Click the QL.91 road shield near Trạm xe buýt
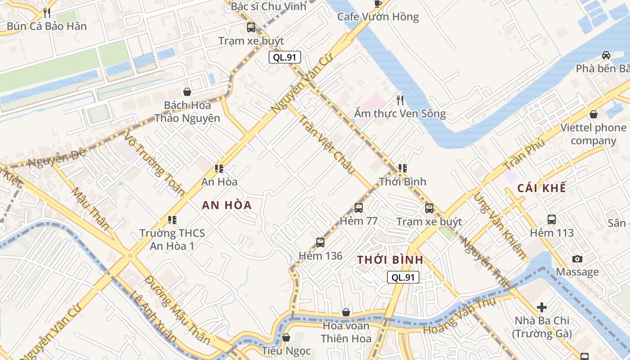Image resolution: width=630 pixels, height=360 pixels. [x=284, y=57]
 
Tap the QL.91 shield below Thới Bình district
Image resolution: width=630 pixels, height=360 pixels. [x=403, y=277]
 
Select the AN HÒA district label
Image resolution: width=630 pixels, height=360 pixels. [x=226, y=205]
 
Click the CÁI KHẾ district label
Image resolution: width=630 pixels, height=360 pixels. [x=541, y=188]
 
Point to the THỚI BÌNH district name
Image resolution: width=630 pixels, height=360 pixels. [x=390, y=260]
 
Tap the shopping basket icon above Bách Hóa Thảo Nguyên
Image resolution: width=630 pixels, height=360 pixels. [x=187, y=92]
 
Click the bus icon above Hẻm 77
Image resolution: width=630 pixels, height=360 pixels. [x=358, y=207]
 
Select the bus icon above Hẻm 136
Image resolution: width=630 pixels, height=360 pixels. [x=320, y=243]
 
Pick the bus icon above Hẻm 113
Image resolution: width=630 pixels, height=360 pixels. [x=552, y=220]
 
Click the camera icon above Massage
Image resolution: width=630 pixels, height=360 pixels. [x=577, y=259]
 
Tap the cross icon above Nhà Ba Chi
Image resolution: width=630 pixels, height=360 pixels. [x=542, y=307]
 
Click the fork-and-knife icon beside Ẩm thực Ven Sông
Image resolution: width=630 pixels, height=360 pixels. [x=400, y=100]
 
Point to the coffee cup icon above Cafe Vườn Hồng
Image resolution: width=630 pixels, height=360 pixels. [x=378, y=4]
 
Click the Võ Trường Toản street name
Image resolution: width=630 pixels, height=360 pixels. [x=155, y=164]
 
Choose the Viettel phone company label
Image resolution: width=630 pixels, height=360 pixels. [x=593, y=134]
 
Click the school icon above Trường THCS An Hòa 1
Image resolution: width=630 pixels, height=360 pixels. [x=172, y=220]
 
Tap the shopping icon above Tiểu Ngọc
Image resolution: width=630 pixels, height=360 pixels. [x=286, y=337]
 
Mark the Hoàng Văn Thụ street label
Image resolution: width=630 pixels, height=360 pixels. [x=459, y=315]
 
